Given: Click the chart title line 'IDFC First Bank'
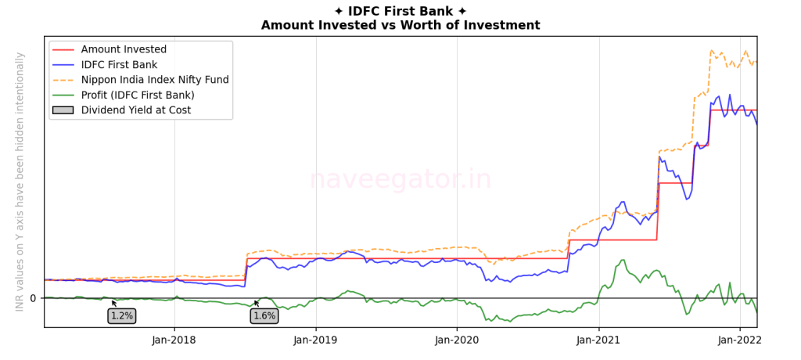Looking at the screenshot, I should pos(400,11).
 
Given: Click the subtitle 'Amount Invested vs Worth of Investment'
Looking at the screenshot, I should pos(400,25).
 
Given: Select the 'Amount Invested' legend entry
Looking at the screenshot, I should pos(124,49).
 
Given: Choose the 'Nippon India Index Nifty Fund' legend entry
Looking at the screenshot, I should pos(155,80).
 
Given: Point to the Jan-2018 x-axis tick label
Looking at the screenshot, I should pos(174,340).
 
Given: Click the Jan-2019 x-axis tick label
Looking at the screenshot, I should pos(316,340).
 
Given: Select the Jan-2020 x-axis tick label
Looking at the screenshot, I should pos(457,340).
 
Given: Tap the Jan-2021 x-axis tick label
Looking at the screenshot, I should pos(598,340).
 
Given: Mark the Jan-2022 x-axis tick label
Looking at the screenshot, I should pos(739,340).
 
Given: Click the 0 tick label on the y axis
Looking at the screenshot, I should pos(33,298).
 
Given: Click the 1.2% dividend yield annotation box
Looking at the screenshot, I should pos(121,316).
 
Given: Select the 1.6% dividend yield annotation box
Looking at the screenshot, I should pos(264,316).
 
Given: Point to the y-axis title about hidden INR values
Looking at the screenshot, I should pos(20,182).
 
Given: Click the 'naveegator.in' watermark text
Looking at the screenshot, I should pos(400,179).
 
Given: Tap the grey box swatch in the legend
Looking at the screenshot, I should pos(63,110).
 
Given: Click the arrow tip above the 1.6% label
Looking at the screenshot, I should pos(254,301).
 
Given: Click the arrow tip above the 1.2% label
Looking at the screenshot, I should pos(112,301).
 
